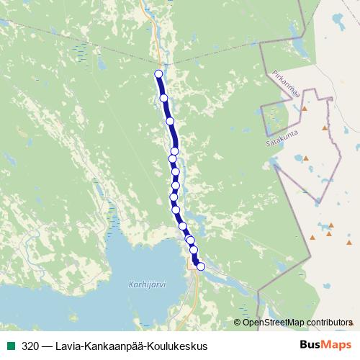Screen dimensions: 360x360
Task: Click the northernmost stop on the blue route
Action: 158,73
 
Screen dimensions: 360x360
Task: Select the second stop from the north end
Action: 163,98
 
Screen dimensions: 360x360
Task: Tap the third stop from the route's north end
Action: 171,121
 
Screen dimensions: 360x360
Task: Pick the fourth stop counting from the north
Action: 174,151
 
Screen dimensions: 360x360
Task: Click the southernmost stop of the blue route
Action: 201,266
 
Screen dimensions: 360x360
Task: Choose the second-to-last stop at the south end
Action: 193,249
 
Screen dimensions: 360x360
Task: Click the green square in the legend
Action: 10,346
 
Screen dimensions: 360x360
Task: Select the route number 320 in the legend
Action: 30,346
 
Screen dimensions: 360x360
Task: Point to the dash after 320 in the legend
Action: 47,346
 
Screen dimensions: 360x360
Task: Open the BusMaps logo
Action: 325,346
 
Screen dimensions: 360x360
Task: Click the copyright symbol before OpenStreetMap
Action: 238,322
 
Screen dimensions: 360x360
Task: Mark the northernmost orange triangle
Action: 305,108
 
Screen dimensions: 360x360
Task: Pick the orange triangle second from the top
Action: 325,127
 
